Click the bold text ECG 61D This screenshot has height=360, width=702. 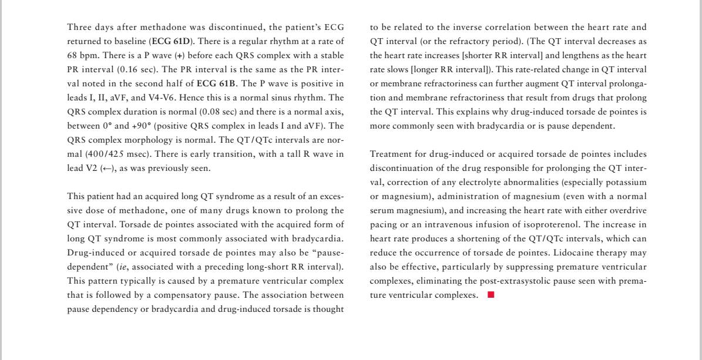coord(172,42)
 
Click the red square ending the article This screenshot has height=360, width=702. coord(491,295)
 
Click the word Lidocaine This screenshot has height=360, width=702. coord(567,253)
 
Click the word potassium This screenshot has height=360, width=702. coord(625,182)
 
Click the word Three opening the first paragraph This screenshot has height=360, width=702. coord(80,27)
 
